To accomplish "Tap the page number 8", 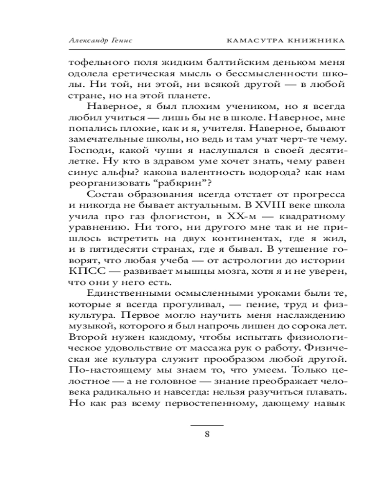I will click(207, 434).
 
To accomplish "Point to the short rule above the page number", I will click(207, 425).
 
